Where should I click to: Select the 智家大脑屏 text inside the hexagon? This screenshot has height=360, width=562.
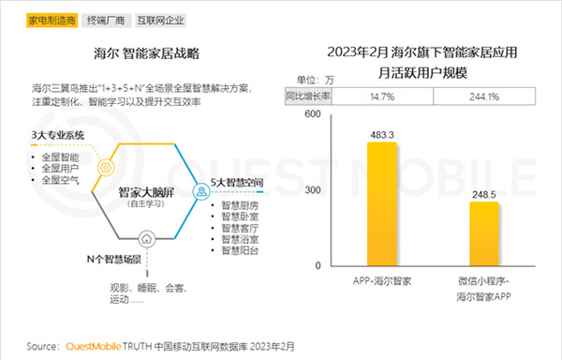coord(144,190)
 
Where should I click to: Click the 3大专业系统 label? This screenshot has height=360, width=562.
coord(58,136)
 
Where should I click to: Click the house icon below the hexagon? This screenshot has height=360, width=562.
coord(145,236)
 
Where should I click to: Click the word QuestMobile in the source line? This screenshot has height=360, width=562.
coord(99,345)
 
